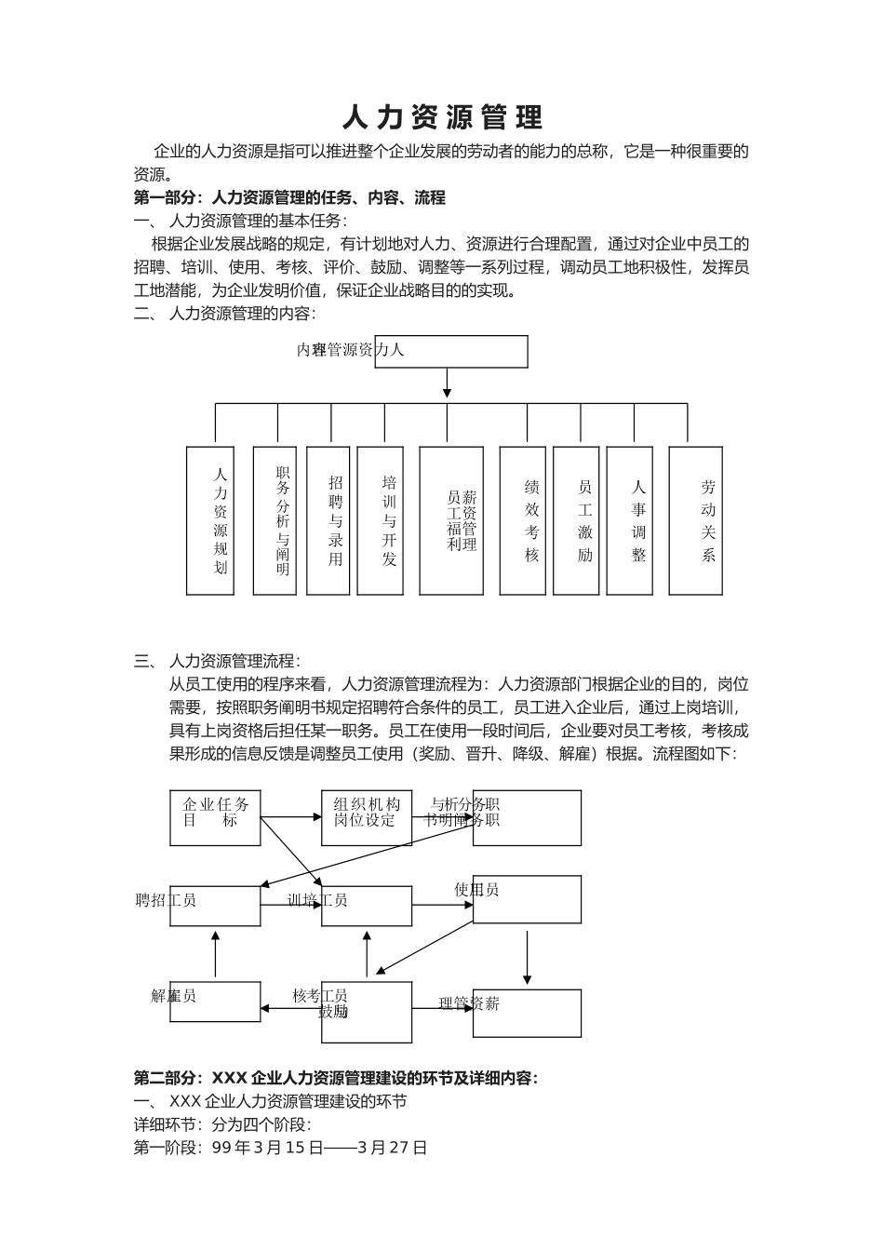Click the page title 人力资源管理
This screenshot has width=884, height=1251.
tap(442, 117)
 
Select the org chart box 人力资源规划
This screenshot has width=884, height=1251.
tap(210, 520)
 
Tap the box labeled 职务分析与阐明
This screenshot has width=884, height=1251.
tap(275, 520)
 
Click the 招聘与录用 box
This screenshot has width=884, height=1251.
tap(328, 520)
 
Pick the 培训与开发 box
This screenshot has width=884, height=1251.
tap(380, 520)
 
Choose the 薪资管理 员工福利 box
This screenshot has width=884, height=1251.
tap(451, 520)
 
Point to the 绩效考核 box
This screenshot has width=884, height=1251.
tap(522, 520)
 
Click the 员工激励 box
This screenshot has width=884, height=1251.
tap(576, 520)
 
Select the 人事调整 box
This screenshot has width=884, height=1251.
tap(629, 520)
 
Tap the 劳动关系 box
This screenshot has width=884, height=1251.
tap(696, 520)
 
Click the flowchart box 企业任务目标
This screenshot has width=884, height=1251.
tap(215, 818)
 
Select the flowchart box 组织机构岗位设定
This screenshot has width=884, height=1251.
tap(367, 818)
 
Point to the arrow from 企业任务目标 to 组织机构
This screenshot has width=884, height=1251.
tap(291, 818)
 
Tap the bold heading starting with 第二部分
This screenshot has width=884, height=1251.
tap(336, 1078)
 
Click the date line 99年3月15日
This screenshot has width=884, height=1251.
tap(280, 1148)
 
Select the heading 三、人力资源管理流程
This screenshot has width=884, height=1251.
tap(217, 661)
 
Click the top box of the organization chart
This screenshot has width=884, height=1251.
tap(451, 351)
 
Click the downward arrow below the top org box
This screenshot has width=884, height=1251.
tap(447, 383)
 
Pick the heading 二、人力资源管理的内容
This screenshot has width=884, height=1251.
tap(224, 314)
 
